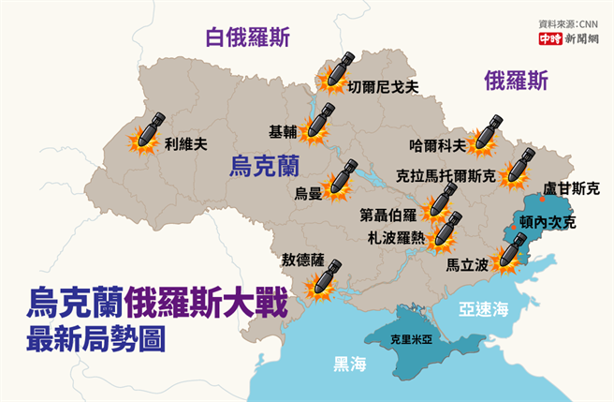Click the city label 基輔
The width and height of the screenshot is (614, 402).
pyautogui.click(x=282, y=131)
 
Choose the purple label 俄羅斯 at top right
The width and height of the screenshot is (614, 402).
pyautogui.click(x=517, y=81)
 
